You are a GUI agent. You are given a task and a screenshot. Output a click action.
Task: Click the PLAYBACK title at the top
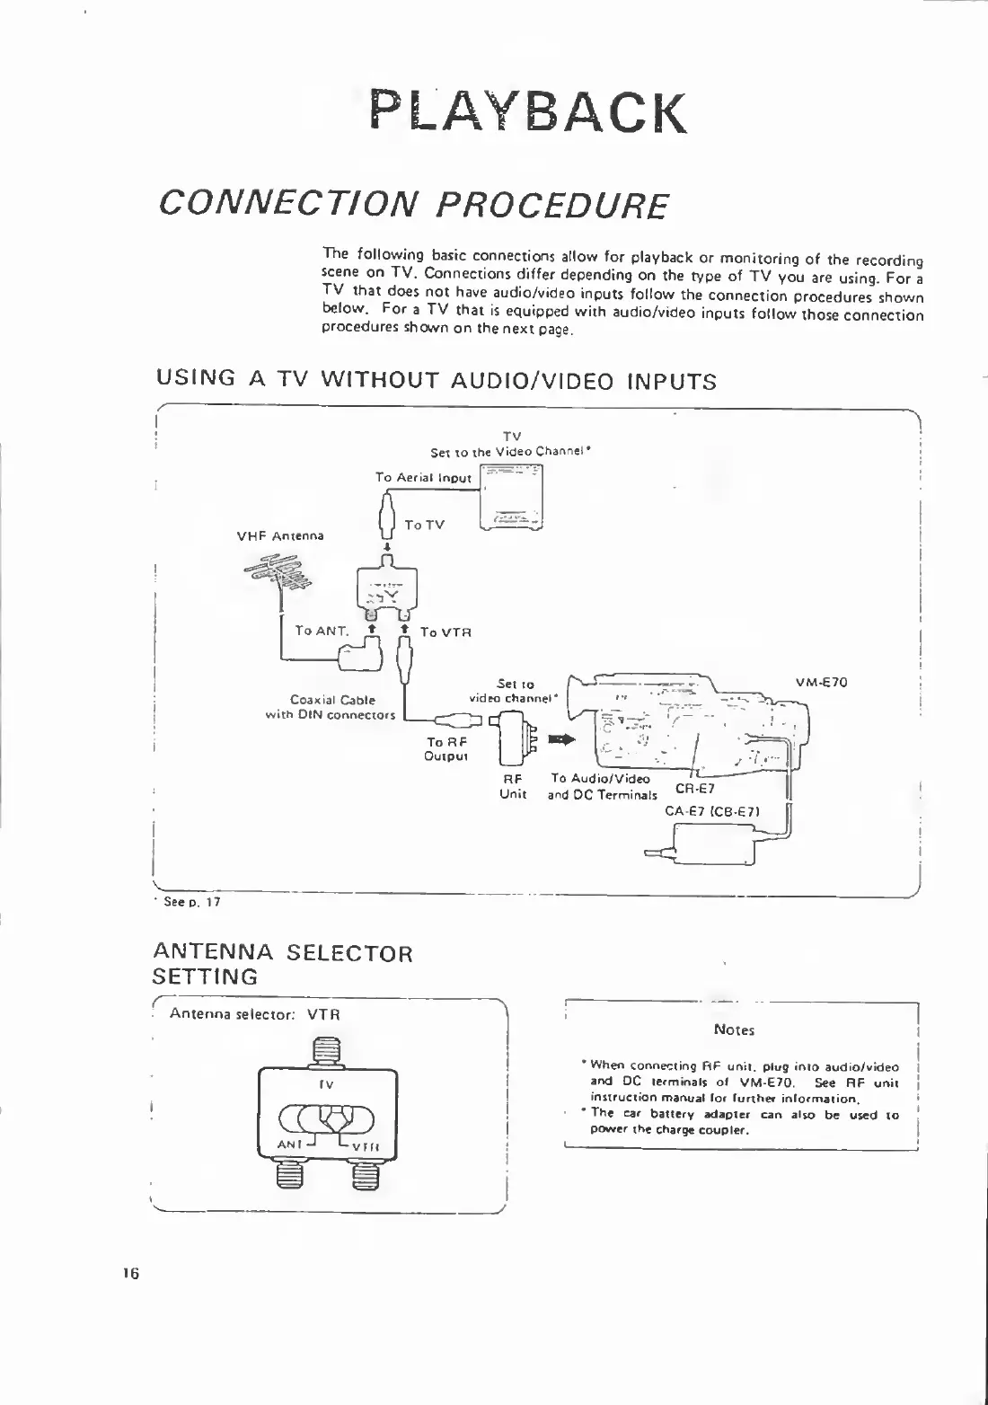point(528,112)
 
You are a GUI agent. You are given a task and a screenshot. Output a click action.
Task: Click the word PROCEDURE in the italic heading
point(551,206)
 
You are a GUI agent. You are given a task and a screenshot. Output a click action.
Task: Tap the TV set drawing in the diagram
point(511,498)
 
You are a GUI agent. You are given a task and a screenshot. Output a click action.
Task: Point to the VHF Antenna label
point(280,536)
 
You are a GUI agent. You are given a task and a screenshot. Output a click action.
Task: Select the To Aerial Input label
point(423,478)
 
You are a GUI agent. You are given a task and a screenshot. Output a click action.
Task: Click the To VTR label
point(445,632)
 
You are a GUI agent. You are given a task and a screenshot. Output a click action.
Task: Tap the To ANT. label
point(322,631)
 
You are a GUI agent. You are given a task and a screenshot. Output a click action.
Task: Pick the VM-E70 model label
point(821,682)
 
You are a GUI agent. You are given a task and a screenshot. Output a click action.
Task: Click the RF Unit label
point(513,787)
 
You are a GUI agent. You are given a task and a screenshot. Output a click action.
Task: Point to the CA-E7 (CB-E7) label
point(712,811)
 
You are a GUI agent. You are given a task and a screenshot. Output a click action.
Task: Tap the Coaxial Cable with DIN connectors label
point(331,707)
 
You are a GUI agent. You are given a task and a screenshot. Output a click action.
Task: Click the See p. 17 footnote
point(190,902)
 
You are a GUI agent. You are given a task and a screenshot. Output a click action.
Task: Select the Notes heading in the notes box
point(734,1030)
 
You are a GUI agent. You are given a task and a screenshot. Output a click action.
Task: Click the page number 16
point(131,1273)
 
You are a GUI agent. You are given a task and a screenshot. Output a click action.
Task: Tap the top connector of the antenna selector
point(327,1051)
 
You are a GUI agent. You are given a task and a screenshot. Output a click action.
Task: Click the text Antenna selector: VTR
point(255,1014)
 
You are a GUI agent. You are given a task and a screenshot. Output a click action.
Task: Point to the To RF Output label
point(446,748)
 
